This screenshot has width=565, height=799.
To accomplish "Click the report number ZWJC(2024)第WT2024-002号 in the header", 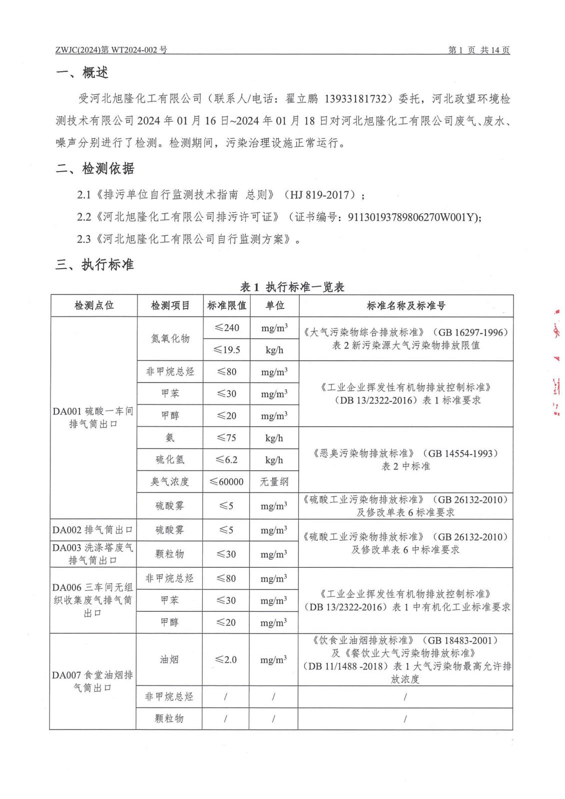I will (x=111, y=50).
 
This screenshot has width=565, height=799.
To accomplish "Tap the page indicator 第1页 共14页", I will (x=479, y=50).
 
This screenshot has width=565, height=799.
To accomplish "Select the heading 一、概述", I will (x=82, y=73).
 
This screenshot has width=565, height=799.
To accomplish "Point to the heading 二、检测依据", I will (x=95, y=169).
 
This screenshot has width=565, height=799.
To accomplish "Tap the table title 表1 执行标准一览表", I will (x=292, y=287).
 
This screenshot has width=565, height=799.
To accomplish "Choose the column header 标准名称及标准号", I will (x=406, y=306).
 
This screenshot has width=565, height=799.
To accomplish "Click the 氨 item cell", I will (x=170, y=438).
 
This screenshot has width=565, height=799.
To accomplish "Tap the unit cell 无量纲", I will (x=274, y=482).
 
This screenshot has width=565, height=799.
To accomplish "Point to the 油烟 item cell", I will (x=169, y=660).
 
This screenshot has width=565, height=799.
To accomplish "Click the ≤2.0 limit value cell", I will (x=226, y=660).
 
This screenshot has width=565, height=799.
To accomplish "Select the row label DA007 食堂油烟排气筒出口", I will (x=93, y=682).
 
